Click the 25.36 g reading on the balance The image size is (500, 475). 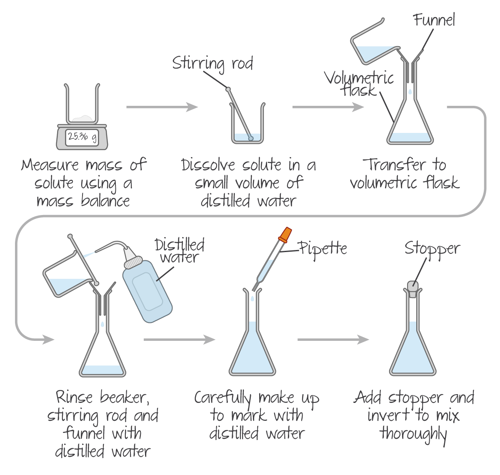point(82,137)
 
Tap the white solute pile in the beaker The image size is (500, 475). point(82,119)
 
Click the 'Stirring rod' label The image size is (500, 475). point(212,64)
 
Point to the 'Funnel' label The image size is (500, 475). point(434,20)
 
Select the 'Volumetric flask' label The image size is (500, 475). point(359,84)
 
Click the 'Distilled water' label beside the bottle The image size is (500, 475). point(180,251)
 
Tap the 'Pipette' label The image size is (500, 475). point(322,249)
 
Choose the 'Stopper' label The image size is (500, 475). point(432,249)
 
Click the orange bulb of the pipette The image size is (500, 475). point(285,235)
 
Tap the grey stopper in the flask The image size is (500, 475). point(412,289)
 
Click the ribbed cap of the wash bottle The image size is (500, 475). point(133,262)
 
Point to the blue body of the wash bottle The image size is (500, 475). point(147,292)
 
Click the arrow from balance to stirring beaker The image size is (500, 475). point(162,107)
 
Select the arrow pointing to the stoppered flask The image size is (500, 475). point(333,340)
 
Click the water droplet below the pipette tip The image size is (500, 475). point(252,298)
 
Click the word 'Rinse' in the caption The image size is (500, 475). point(74,397)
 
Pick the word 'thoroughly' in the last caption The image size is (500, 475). point(413,435)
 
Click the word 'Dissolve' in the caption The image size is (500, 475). point(208,165)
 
